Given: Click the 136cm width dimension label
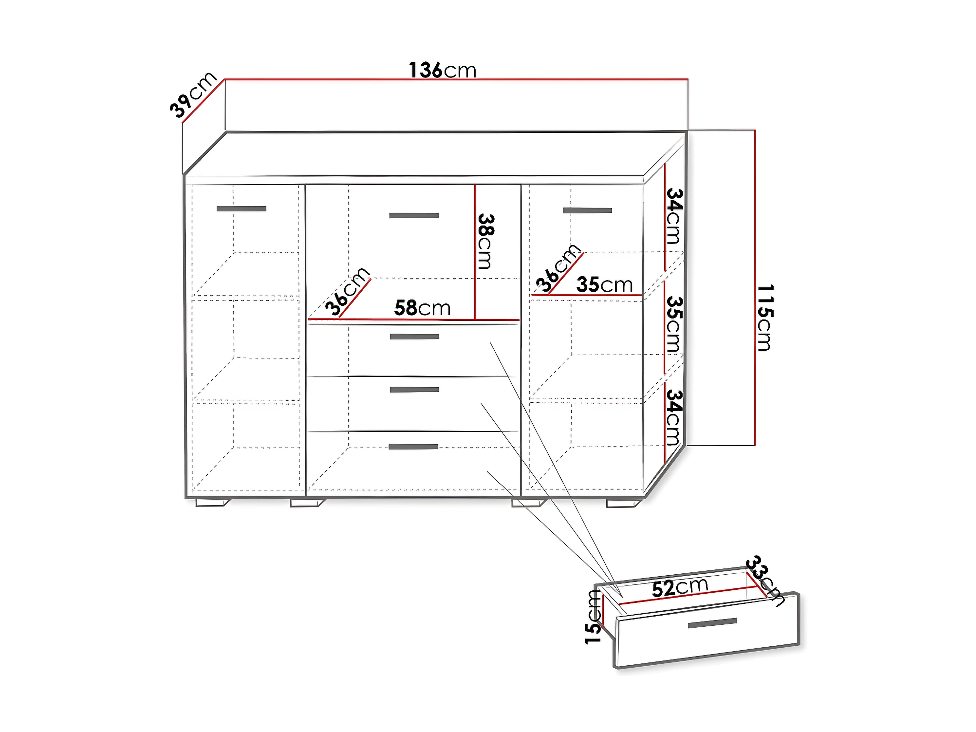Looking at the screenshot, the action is tap(443, 70).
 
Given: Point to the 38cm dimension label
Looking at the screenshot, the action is tap(485, 241).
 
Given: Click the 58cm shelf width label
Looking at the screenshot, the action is tap(422, 307).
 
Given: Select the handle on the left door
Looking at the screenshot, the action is tap(241, 209).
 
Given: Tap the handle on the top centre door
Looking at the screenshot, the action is tap(414, 215).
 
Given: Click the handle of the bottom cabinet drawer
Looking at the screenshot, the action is tap(413, 447).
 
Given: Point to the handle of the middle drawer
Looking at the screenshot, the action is tap(414, 390).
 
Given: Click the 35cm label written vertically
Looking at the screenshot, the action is tap(674, 324).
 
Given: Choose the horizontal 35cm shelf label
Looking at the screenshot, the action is tap(604, 285).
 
